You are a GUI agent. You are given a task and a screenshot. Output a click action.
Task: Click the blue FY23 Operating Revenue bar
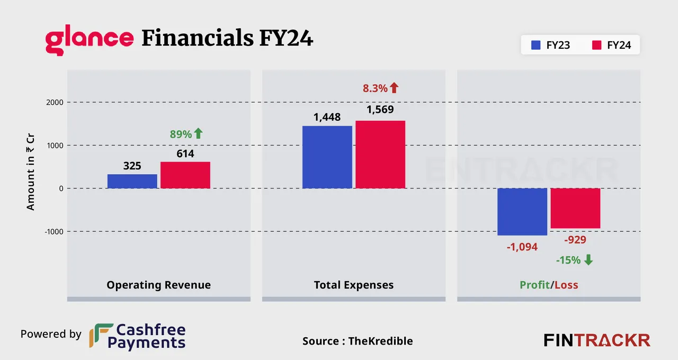pos(132,181)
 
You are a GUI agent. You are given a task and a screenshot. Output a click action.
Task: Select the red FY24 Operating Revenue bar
pos(185,175)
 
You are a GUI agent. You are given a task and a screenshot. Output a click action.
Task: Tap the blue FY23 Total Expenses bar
pos(327,157)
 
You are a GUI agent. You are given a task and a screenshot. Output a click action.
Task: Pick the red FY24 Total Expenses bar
pos(380,155)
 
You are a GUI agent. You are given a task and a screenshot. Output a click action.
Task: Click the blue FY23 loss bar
pos(522,212)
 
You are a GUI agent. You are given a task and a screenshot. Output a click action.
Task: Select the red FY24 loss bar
pos(575,208)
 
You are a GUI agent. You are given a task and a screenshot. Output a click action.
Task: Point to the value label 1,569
pos(380,111)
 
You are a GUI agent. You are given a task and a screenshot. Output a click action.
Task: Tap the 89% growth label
pos(181,134)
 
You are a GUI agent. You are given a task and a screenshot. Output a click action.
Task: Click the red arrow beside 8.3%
pos(394,88)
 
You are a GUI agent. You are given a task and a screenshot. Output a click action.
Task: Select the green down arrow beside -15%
pos(588,260)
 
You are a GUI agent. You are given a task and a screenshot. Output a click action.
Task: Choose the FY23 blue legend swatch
pos(536,46)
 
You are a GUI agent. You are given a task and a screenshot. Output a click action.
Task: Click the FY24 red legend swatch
pos(596,46)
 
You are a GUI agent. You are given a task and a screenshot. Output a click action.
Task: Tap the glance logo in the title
pos(89,40)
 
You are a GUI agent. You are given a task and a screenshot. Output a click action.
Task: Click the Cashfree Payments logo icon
pos(101,336)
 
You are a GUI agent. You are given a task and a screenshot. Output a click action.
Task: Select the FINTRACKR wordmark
pos(597,340)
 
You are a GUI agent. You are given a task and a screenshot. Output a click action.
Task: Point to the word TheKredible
pos(380,341)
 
